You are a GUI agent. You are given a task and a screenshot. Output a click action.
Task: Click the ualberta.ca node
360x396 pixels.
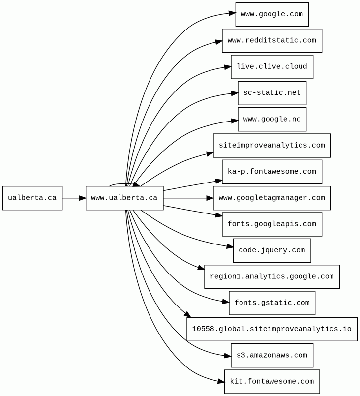click(32, 198)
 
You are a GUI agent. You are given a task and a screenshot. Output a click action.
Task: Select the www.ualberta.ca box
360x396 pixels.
click(124, 198)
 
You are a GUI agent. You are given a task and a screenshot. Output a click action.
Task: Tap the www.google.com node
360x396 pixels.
click(272, 14)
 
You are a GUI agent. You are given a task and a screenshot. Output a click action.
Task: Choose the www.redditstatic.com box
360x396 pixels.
click(272, 41)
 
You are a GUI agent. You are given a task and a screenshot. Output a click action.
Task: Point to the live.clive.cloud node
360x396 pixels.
click(272, 67)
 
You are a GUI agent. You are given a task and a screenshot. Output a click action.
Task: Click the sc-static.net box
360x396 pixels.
click(272, 93)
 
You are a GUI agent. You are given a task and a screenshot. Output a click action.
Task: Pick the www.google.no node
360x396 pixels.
click(272, 120)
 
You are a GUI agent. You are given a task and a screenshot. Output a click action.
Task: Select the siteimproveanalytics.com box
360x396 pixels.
click(272, 146)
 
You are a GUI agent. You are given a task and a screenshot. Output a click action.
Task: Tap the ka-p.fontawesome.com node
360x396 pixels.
click(272, 172)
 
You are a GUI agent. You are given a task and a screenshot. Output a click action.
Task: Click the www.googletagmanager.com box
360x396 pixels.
click(272, 198)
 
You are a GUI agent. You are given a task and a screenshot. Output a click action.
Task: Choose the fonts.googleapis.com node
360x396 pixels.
click(272, 224)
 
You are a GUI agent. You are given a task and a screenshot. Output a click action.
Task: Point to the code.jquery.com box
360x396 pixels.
click(272, 250)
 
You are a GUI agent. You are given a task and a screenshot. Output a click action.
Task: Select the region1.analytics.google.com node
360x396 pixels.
click(272, 277)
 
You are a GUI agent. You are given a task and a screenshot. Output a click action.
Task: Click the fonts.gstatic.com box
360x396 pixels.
click(272, 303)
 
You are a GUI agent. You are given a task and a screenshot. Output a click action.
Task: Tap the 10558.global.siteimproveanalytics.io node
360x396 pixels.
click(272, 329)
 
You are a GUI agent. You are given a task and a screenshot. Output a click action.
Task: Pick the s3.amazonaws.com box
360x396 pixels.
click(272, 355)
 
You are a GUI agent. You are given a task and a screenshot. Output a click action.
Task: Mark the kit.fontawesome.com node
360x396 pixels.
click(272, 382)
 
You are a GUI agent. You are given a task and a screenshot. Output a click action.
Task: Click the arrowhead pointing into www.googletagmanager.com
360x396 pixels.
click(210, 198)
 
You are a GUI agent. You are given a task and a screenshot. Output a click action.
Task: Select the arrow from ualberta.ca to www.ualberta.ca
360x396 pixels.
click(74, 198)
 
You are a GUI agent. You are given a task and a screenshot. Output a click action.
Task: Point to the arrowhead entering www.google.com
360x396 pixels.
click(232, 13)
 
